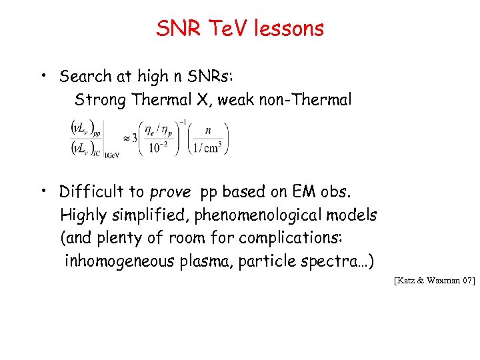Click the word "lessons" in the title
click(x=290, y=28)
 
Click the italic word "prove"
click(x=170, y=193)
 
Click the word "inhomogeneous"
click(x=120, y=261)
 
